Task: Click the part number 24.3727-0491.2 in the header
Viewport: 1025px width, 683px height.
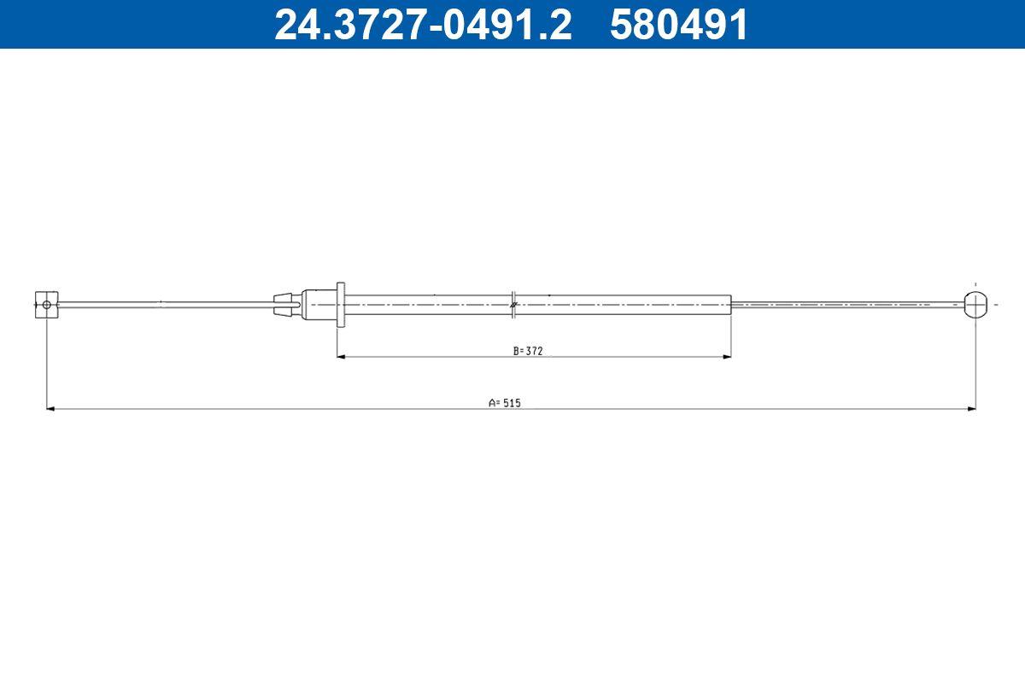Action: point(423,25)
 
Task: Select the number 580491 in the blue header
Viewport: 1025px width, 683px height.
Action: point(678,25)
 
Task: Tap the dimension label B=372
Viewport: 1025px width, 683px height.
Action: point(528,351)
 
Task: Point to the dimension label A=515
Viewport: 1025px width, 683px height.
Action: point(505,403)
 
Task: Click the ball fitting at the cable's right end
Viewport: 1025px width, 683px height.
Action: point(975,305)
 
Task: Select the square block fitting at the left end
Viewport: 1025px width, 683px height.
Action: point(47,305)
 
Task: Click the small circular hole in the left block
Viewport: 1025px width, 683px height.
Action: point(47,305)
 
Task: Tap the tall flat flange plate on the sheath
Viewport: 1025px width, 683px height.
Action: point(341,305)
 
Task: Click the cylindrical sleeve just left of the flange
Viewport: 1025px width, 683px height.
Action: point(318,305)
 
